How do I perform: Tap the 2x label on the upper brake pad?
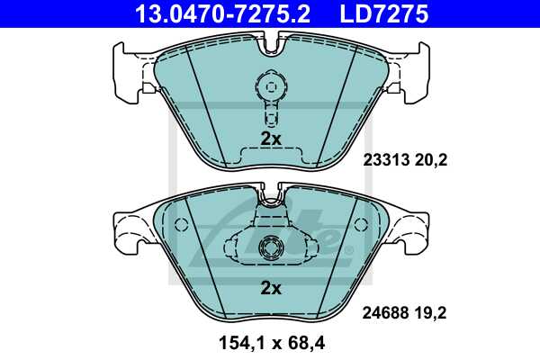coord(270,139)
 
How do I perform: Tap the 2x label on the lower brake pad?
coord(270,288)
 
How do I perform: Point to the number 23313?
coord(385,161)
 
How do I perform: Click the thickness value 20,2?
coord(432,161)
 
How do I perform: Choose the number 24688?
coord(385,313)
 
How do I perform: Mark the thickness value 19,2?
coord(432,313)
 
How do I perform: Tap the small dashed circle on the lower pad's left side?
coord(180,224)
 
